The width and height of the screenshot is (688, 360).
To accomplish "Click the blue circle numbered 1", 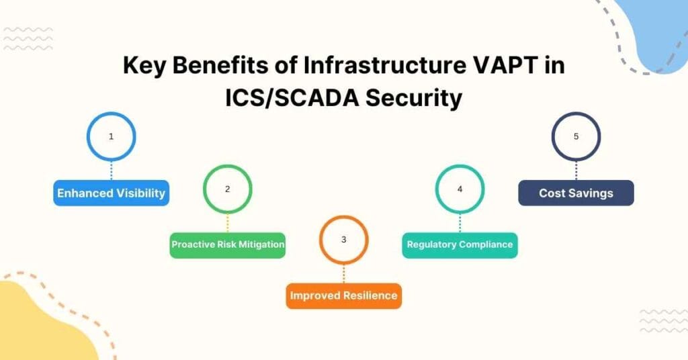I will click(111, 136).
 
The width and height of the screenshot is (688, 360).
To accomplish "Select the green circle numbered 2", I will click(227, 189).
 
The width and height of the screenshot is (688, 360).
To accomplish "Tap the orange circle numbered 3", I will click(343, 240).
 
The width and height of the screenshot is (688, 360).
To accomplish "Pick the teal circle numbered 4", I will click(460, 189).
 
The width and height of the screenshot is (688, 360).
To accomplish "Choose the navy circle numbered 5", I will click(576, 136).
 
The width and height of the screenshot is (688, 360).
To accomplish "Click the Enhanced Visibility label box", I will click(111, 193).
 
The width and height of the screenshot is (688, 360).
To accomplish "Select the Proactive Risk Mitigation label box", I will click(228, 245).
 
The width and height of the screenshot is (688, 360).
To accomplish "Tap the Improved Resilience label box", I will click(343, 296).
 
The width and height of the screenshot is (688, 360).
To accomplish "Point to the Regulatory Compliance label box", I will click(460, 245).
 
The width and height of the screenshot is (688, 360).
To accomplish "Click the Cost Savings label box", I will click(576, 193).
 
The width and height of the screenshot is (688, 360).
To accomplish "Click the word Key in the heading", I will click(144, 67).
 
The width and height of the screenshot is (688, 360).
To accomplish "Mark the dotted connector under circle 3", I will click(343, 273).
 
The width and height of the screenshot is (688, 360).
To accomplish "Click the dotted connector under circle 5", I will click(576, 171).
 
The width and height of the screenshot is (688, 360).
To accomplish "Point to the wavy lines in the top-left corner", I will click(28, 39).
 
